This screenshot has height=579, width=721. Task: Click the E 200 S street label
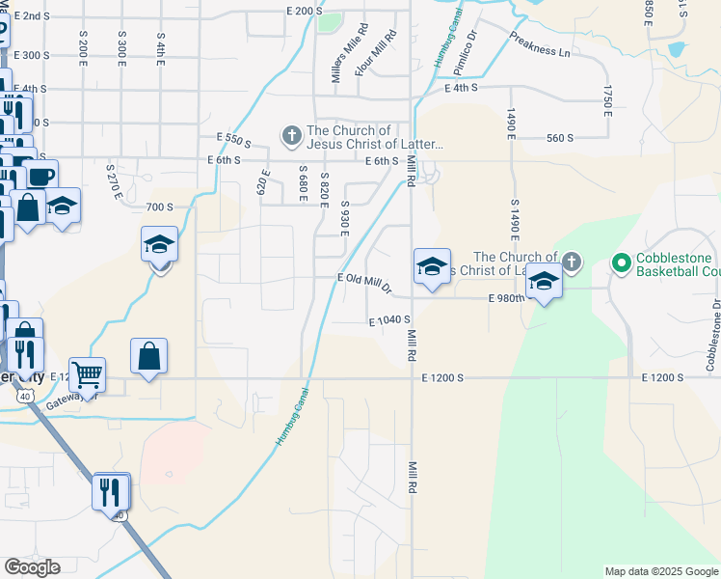point(303,11)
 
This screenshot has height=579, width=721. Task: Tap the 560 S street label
point(559,138)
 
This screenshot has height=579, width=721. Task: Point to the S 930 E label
point(344,219)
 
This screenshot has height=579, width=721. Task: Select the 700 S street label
point(159,207)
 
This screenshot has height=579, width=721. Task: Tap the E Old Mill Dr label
point(364,282)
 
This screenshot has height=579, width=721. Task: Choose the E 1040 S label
point(389,319)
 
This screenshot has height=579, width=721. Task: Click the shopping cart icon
point(87,373)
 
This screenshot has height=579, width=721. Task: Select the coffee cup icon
point(40,176)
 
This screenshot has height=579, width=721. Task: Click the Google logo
point(32,567)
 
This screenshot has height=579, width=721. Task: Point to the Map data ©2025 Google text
point(660,571)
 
